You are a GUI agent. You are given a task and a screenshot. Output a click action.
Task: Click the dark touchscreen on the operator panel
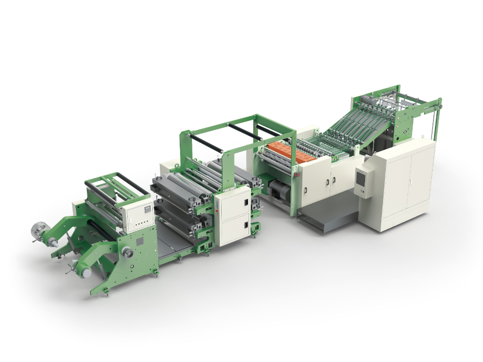pos(362,179)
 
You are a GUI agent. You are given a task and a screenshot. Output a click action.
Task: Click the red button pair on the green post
pos(296,175)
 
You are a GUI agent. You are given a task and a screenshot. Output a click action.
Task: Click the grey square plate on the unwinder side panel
pos(140,241)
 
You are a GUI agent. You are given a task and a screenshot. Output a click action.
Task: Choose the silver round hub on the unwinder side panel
pos(126,254)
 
